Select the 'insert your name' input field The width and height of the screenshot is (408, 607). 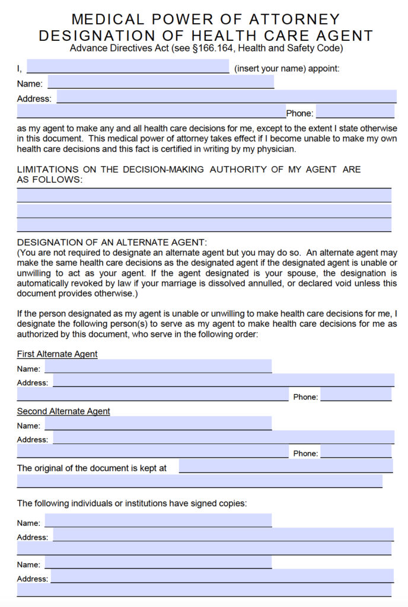(128, 66)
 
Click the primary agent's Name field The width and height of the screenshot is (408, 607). (160, 82)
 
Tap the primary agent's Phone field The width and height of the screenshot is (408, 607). (355, 111)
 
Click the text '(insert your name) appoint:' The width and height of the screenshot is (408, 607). (287, 68)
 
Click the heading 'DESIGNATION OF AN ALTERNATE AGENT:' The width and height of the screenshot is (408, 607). (112, 242)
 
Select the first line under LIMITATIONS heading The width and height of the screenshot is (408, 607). (204, 195)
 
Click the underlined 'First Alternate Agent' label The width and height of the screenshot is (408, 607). (57, 354)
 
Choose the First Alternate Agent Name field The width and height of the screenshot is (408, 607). (158, 366)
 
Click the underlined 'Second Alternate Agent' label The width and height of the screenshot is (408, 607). (63, 411)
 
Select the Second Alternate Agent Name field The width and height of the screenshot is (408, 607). (158, 423)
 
